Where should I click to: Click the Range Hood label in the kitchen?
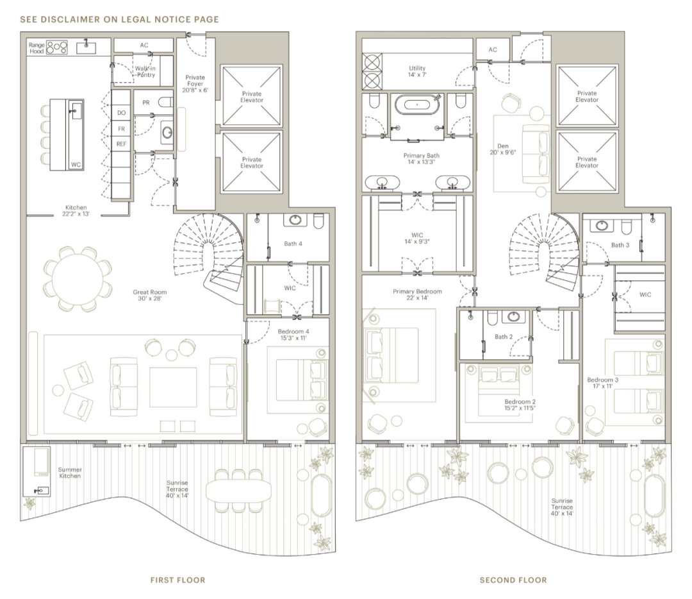pyautogui.click(x=37, y=47)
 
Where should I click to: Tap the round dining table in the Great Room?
pyautogui.click(x=78, y=279)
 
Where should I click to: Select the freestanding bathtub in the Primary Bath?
pyautogui.click(x=417, y=105)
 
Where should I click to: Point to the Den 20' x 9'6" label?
pyautogui.click(x=503, y=149)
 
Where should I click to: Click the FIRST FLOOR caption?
pyautogui.click(x=178, y=580)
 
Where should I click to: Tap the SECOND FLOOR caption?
pyautogui.click(x=513, y=580)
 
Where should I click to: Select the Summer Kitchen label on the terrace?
pyautogui.click(x=70, y=473)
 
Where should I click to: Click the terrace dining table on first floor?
pyautogui.click(x=239, y=491)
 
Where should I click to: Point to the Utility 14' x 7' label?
pyautogui.click(x=417, y=72)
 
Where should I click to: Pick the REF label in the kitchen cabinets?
pyautogui.click(x=121, y=144)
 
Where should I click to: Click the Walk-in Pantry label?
pyautogui.click(x=145, y=72)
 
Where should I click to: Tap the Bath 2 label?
pyautogui.click(x=504, y=337)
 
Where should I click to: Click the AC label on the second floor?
pyautogui.click(x=493, y=49)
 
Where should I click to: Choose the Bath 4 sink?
pyautogui.click(x=295, y=219)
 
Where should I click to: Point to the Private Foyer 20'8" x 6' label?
pyautogui.click(x=195, y=83)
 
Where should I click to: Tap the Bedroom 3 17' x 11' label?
pyautogui.click(x=602, y=383)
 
